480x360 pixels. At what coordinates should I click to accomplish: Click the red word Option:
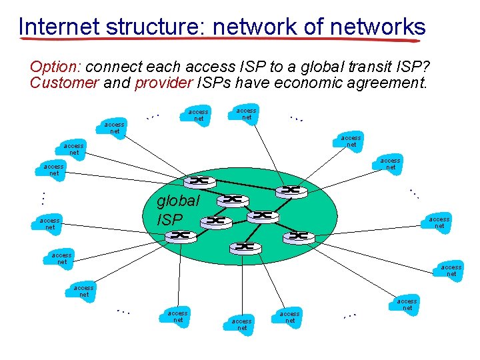tap(55, 67)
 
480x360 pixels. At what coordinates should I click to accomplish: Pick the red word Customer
tap(64, 83)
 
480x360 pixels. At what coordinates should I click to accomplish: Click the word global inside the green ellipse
tap(177, 201)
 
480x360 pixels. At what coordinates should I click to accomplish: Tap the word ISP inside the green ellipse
tap(169, 219)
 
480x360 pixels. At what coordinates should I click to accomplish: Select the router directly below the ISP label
tap(183, 235)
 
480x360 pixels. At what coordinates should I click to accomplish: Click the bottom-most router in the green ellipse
tap(245, 247)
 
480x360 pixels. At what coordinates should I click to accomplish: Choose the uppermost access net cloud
tap(247, 113)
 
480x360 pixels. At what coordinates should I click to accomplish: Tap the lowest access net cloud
tap(242, 325)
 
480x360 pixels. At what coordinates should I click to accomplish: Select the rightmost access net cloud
tap(451, 270)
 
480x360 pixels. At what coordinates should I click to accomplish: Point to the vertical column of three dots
tap(41, 198)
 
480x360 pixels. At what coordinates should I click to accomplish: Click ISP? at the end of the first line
tap(413, 67)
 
